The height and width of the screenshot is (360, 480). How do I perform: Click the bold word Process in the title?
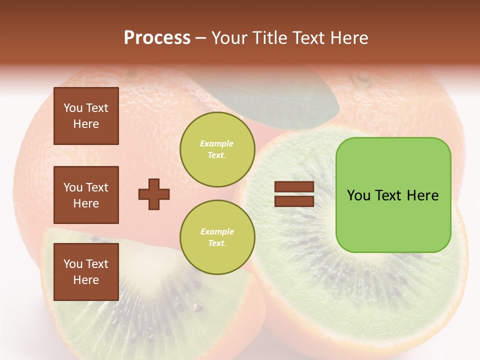157,38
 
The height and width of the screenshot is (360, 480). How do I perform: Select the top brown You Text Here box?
86,116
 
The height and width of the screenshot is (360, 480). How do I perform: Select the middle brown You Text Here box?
86,195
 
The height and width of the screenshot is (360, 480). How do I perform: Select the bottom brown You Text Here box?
86,271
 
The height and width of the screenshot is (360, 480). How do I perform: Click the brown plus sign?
153,194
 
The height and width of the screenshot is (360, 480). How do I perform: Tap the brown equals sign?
294,194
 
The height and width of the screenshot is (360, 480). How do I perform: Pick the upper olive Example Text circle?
217,149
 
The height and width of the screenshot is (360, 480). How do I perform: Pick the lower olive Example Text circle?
217,237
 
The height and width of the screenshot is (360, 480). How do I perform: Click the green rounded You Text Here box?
393,195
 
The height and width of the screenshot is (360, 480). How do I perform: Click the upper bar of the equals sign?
294,187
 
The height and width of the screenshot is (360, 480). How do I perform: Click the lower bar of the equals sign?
294,201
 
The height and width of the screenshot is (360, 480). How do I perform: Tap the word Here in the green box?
422,195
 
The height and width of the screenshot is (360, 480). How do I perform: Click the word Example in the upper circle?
217,143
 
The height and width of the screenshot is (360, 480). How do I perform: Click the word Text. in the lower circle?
217,243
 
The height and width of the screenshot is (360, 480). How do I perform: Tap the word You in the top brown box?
72,108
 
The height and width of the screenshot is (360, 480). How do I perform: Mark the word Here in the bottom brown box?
86,280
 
